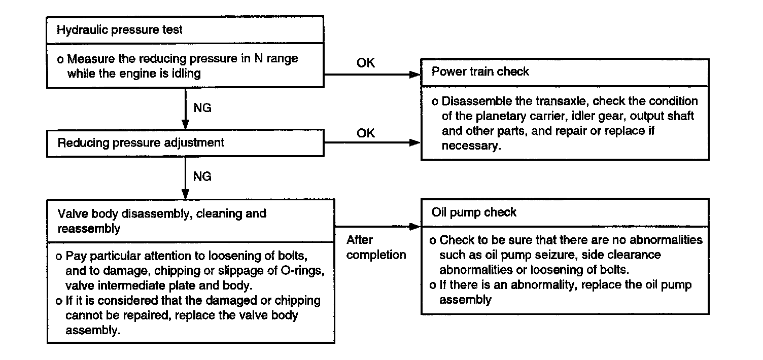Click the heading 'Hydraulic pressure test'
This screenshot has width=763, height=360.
coord(119,30)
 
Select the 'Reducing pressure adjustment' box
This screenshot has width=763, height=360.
coord(185,143)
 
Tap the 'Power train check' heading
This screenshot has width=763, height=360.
coord(480,71)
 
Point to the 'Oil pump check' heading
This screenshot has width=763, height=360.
coord(474,212)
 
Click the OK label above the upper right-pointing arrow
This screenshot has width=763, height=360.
coord(365,63)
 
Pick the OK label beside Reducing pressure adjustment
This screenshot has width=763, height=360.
coord(365,133)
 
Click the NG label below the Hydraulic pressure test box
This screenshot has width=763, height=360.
coord(202,107)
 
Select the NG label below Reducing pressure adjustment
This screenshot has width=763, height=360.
coord(202,176)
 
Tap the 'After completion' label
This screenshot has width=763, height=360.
coord(376,247)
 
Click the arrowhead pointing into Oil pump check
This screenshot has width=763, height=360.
coord(415,227)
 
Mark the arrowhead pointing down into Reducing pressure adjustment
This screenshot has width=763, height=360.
coord(185,124)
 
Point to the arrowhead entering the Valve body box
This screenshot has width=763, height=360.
coord(185,194)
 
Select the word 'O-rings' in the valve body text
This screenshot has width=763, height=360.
coord(302,271)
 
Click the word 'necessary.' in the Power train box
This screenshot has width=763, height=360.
coord(471,146)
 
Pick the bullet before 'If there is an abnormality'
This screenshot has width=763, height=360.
coord(433,285)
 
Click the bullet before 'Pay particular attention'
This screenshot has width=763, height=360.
coord(58,257)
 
